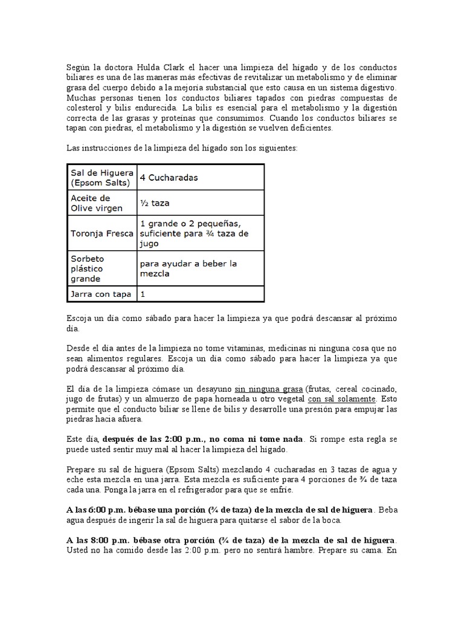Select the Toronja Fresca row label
(x=101, y=233)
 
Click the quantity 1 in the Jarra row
(x=143, y=294)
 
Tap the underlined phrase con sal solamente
(x=341, y=399)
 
